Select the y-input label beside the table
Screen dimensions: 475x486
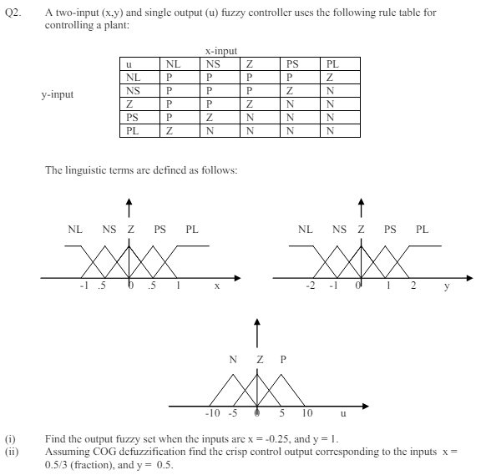click(x=58, y=94)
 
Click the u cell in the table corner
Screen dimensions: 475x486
click(x=129, y=63)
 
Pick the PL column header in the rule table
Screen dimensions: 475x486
click(x=333, y=63)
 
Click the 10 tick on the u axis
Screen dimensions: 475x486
click(x=306, y=412)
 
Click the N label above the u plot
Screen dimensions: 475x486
click(x=232, y=360)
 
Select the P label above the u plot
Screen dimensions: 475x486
click(x=283, y=360)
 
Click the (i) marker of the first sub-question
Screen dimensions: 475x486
click(x=9, y=437)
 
